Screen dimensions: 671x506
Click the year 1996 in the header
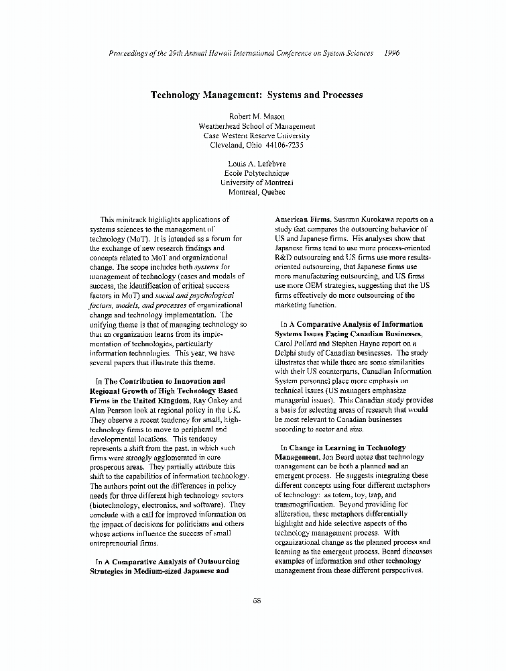click(388, 53)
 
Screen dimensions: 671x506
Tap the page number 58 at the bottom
click(256, 601)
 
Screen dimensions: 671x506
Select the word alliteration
click(294, 513)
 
